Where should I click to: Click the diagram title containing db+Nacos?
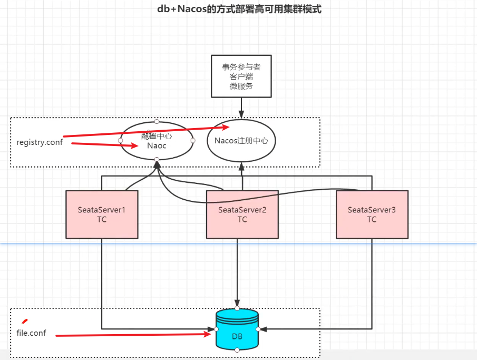pyautogui.click(x=239, y=9)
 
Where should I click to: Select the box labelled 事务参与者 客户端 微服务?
pyautogui.click(x=241, y=76)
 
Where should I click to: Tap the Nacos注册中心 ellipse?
pyautogui.click(x=242, y=141)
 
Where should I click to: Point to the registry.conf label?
pyautogui.click(x=40, y=142)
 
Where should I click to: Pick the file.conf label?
pyautogui.click(x=32, y=333)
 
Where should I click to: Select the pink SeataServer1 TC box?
pyautogui.click(x=102, y=215)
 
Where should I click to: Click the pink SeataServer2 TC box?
pyautogui.click(x=242, y=215)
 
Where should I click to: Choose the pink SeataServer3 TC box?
pyautogui.click(x=372, y=215)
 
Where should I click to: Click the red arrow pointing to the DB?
pyautogui.click(x=132, y=334)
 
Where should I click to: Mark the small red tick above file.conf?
pyautogui.click(x=24, y=320)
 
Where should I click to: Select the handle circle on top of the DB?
pyautogui.click(x=237, y=308)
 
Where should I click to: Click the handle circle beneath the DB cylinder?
pyautogui.click(x=237, y=350)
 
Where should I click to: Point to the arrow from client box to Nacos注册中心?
pyautogui.click(x=241, y=108)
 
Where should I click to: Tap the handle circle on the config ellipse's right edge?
pyautogui.click(x=193, y=141)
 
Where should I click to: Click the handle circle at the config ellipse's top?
pyautogui.click(x=157, y=121)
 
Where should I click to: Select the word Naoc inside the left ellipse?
pyautogui.click(x=157, y=145)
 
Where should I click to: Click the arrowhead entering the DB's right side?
pyautogui.click(x=262, y=329)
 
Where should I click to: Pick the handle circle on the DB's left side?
pyautogui.click(x=217, y=329)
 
